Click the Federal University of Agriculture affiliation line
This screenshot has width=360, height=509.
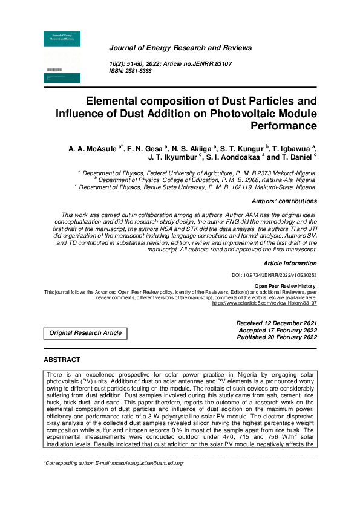(x=200, y=173)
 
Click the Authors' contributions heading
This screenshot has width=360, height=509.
(x=284, y=201)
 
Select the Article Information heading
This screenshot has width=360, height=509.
(x=290, y=264)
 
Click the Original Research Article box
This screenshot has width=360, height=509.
(x=85, y=333)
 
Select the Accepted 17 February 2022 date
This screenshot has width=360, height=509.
(x=278, y=331)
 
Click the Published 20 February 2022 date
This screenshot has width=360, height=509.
(x=277, y=337)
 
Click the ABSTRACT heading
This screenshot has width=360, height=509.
(x=62, y=360)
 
